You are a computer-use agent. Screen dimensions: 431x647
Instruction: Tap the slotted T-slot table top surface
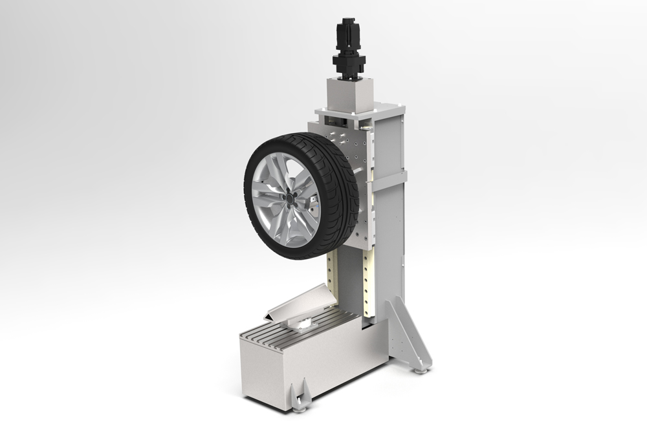[285, 333]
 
